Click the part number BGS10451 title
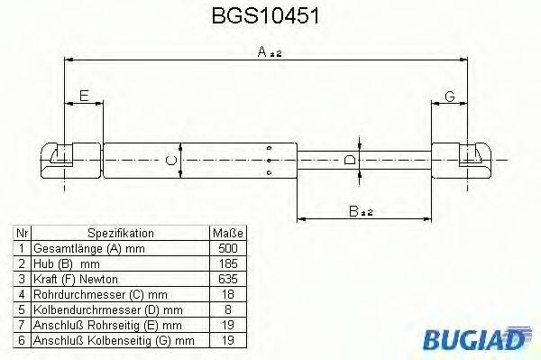[x=269, y=17]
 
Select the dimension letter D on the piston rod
[x=353, y=160]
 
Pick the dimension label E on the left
[x=84, y=95]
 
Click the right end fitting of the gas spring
[x=462, y=159]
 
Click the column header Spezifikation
[x=121, y=232]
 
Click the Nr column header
[x=22, y=232]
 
